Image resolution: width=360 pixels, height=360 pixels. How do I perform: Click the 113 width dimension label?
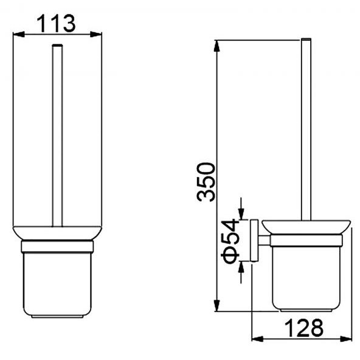pyautogui.click(x=56, y=24)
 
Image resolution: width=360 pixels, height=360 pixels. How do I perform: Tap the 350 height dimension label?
pyautogui.click(x=206, y=182)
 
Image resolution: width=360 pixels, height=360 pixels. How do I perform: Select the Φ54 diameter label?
pyautogui.click(x=230, y=241)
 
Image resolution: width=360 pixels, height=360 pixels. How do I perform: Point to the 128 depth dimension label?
pyautogui.click(x=304, y=328)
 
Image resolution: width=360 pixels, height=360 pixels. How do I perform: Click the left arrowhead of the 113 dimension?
pyautogui.click(x=19, y=35)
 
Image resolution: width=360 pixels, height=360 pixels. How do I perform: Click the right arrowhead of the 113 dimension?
pyautogui.click(x=96, y=35)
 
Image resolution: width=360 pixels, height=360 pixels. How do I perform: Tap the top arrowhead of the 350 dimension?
pyautogui.click(x=216, y=46)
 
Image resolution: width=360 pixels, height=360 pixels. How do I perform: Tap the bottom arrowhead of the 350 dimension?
pyautogui.click(x=216, y=306)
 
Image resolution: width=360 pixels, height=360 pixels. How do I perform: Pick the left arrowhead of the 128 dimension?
pyautogui.click(x=258, y=339)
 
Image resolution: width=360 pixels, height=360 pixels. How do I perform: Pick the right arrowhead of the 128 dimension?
pyautogui.click(x=346, y=339)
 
